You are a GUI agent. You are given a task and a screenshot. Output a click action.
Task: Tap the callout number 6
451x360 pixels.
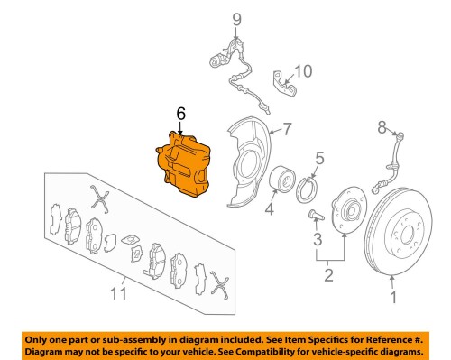[x=180, y=115]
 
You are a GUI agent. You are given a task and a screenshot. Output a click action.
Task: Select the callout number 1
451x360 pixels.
[x=392, y=296]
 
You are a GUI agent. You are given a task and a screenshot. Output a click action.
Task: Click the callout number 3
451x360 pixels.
[x=317, y=239]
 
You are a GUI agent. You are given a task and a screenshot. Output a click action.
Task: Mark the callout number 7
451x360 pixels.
[x=286, y=130]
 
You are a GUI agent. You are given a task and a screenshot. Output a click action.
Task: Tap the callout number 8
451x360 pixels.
[x=382, y=125]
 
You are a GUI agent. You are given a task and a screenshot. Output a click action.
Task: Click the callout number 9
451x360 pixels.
[x=237, y=19]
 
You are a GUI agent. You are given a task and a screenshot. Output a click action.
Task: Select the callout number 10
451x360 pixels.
[x=303, y=70]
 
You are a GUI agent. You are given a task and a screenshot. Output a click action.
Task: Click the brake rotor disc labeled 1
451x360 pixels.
[x=397, y=235]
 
